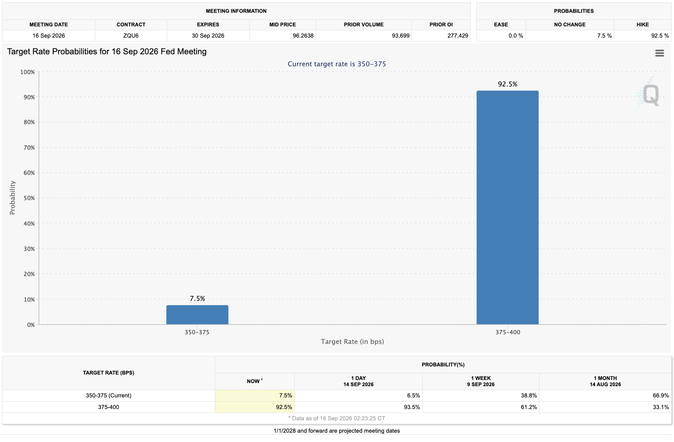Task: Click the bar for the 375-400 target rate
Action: pyautogui.click(x=507, y=207)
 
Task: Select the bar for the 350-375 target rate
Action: pyautogui.click(x=197, y=315)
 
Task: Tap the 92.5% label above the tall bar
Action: pyautogui.click(x=508, y=84)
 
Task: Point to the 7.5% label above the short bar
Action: pyautogui.click(x=197, y=299)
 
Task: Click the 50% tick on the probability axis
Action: pyautogui.click(x=29, y=198)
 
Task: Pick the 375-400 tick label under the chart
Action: pyautogui.click(x=508, y=332)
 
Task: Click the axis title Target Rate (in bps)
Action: pyautogui.click(x=352, y=342)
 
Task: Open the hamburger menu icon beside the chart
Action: pyautogui.click(x=659, y=53)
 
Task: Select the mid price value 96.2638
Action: pyautogui.click(x=303, y=36)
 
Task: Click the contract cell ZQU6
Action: pyautogui.click(x=131, y=36)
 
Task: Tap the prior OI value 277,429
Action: pyautogui.click(x=458, y=36)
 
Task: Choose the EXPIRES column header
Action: pyautogui.click(x=208, y=24)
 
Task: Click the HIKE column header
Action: pyautogui.click(x=643, y=24)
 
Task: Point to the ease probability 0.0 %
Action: pyautogui.click(x=516, y=36)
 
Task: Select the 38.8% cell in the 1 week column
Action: pyautogui.click(x=529, y=395)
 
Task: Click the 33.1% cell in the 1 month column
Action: pyautogui.click(x=661, y=407)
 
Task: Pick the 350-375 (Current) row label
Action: pyautogui.click(x=109, y=395)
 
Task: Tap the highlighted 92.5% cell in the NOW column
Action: pyautogui.click(x=284, y=407)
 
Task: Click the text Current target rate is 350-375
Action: pyautogui.click(x=337, y=64)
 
